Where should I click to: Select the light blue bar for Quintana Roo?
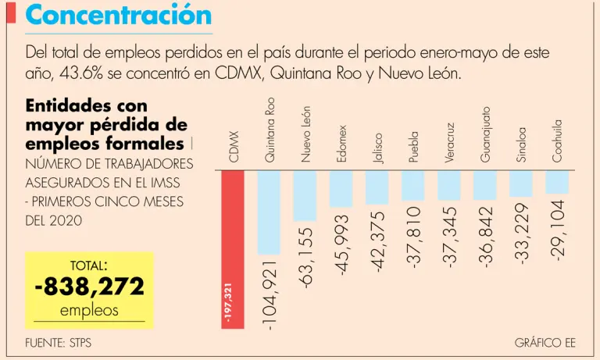(x=269, y=212)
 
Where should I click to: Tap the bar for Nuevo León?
(x=305, y=195)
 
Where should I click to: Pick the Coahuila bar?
(x=557, y=182)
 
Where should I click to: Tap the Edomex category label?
(x=341, y=144)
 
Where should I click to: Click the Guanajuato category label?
(x=486, y=134)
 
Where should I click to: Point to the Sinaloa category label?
(x=521, y=144)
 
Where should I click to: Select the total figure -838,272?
(x=90, y=287)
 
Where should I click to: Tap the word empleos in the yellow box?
(x=89, y=311)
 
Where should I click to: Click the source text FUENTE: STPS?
(x=58, y=344)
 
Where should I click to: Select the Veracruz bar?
(x=449, y=186)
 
